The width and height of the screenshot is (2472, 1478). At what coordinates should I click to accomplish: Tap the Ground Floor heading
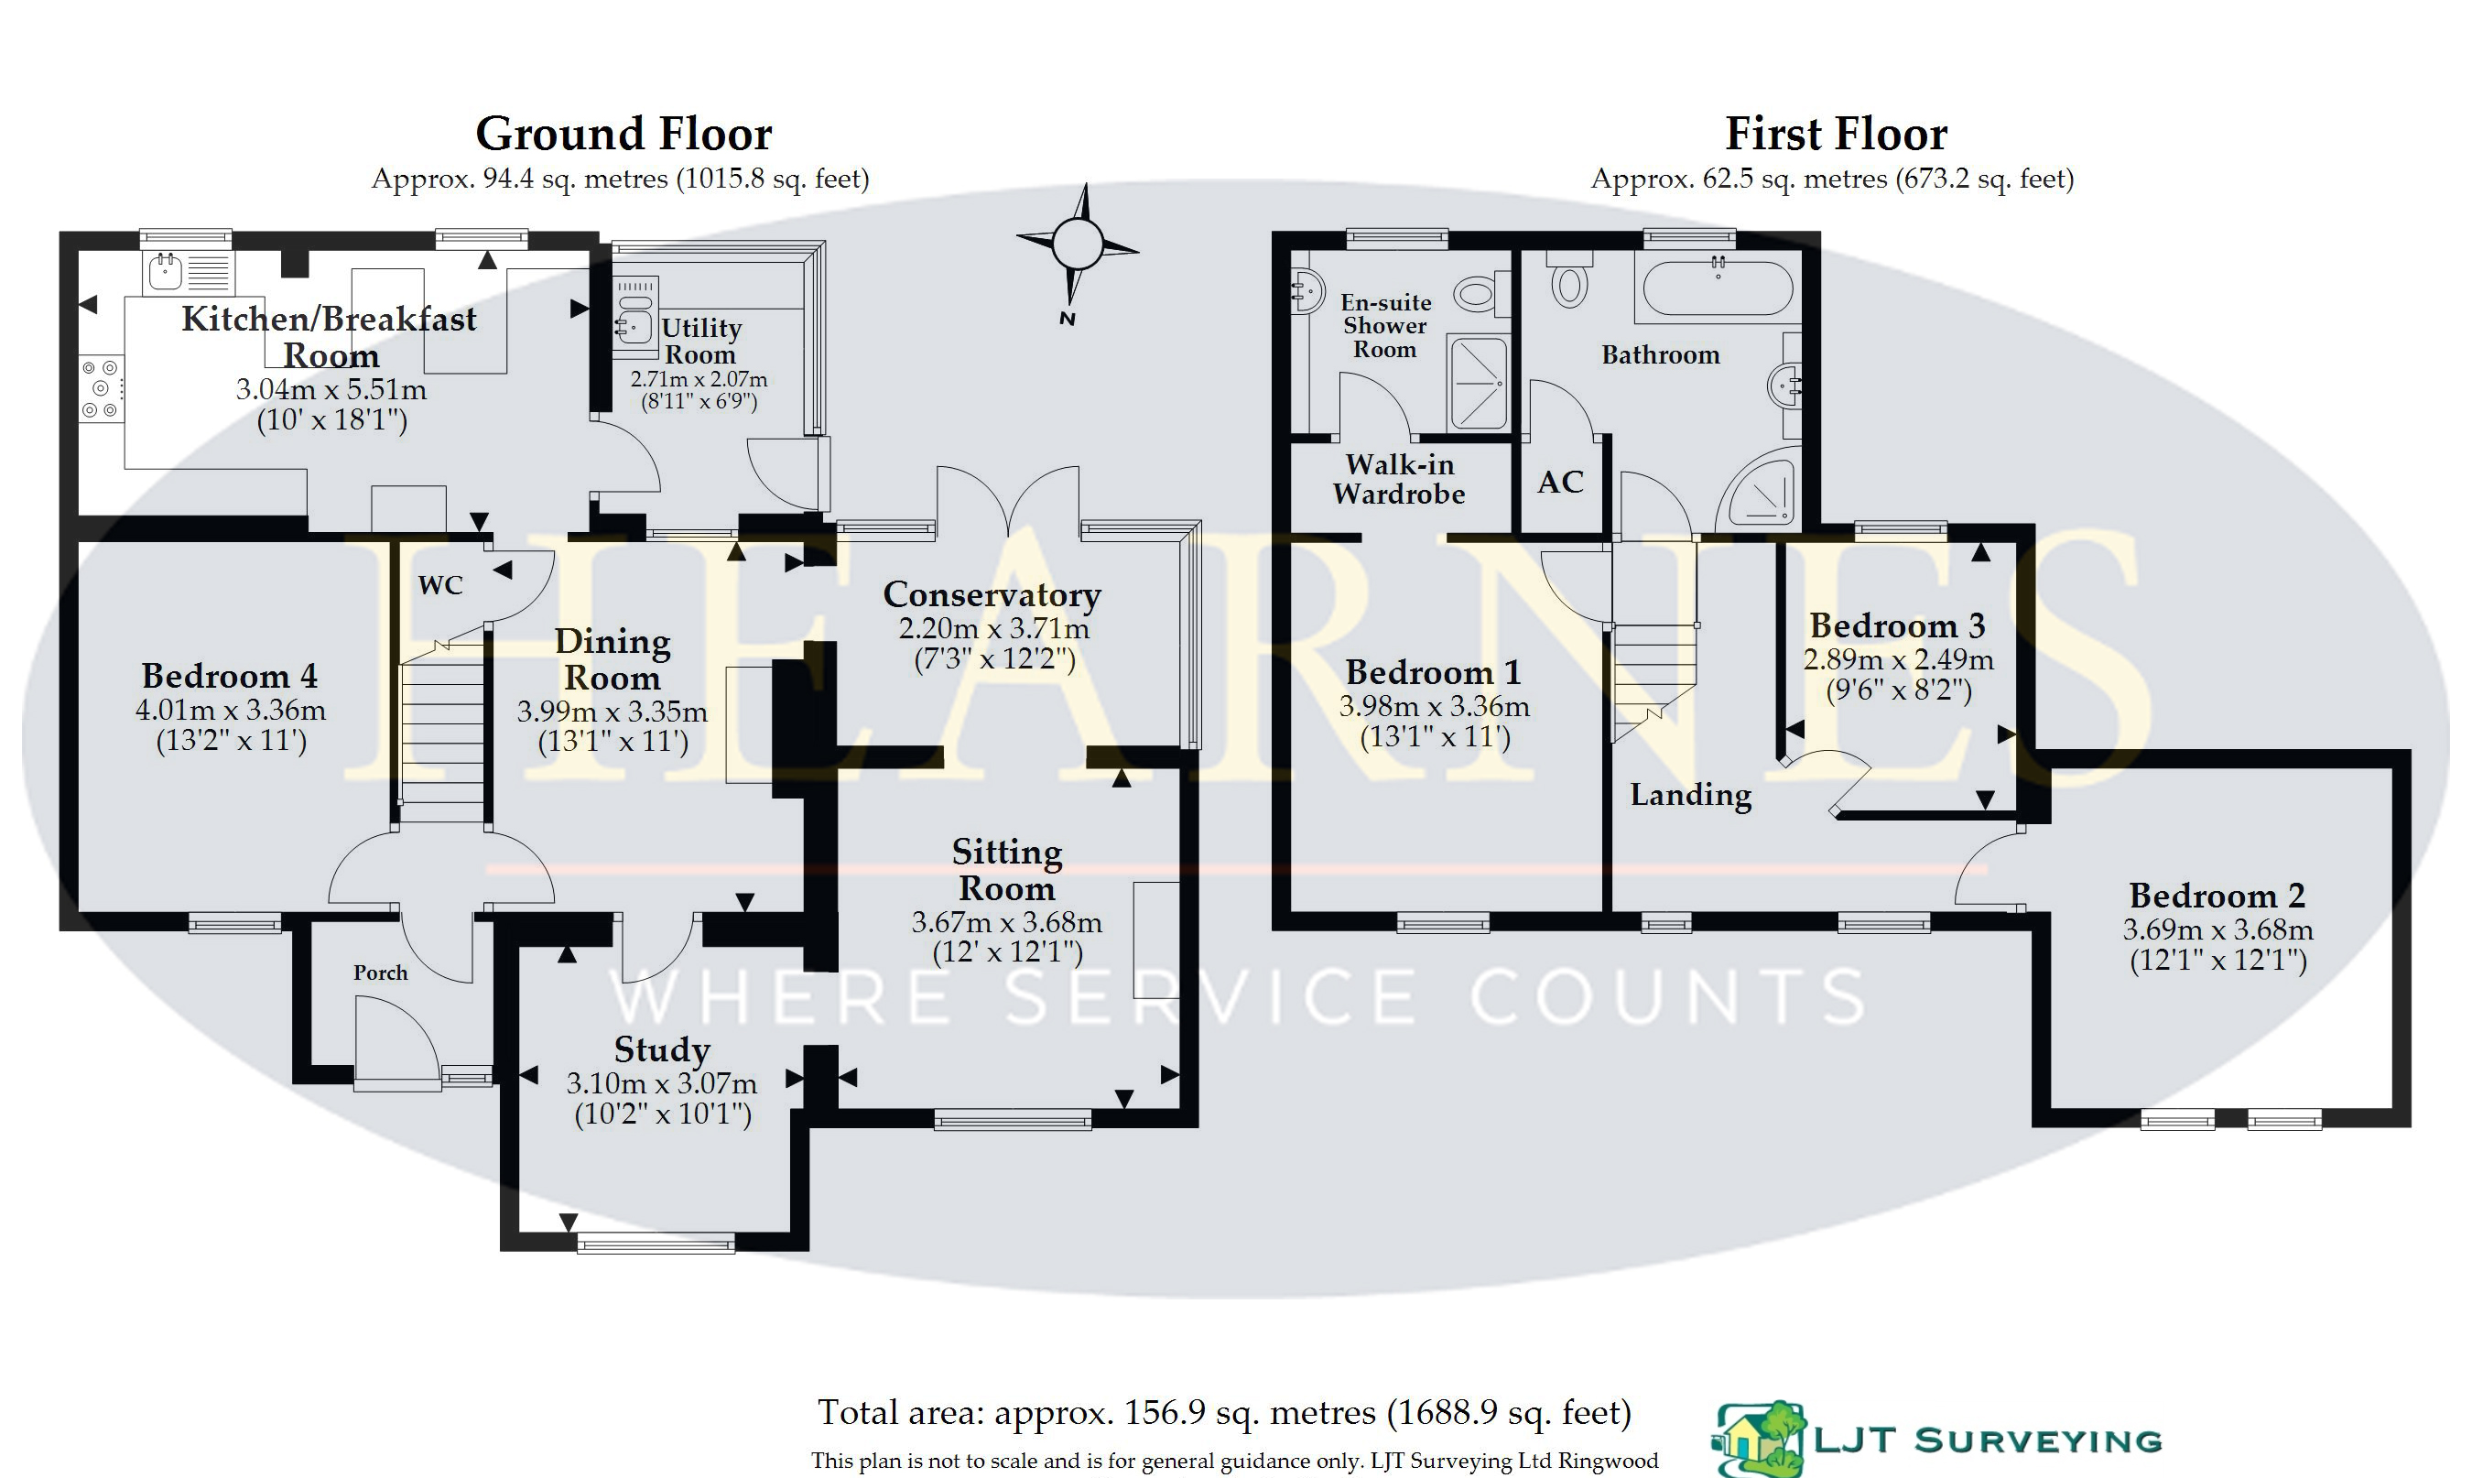tap(623, 134)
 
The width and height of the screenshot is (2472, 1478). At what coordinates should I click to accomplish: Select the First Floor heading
tap(1836, 134)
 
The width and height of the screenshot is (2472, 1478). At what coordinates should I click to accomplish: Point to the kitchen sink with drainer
tap(190, 272)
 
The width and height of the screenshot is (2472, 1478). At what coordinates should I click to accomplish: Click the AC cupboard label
tap(1560, 483)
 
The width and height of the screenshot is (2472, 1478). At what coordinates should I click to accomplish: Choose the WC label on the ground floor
tap(440, 584)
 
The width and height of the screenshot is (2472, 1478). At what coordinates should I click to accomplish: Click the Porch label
tap(380, 972)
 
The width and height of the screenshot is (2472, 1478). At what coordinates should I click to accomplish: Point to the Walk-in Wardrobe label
tap(1399, 479)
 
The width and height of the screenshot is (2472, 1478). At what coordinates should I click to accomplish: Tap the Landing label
tap(1690, 795)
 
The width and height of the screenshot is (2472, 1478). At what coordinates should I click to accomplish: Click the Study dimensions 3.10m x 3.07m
tap(662, 1083)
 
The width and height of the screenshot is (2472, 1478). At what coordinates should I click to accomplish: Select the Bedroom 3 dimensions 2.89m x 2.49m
tap(1899, 659)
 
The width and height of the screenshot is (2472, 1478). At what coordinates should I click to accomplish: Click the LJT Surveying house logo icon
tap(1759, 1440)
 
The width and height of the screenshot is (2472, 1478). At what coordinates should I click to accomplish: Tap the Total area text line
tap(1224, 1413)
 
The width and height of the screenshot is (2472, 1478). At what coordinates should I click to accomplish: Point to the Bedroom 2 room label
tap(2217, 896)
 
